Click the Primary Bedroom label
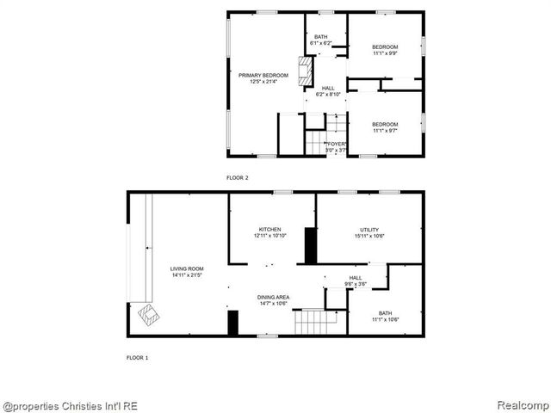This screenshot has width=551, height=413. coord(263,76)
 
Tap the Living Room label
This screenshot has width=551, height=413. coord(186,269)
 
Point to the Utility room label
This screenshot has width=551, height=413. coord(369,229)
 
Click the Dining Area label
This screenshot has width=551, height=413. coord(274,297)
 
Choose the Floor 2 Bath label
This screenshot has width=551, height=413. coord(320,37)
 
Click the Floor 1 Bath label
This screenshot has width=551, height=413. coord(385,313)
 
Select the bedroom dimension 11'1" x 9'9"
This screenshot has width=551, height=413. coord(385,53)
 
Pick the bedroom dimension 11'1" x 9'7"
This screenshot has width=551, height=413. coord(385,131)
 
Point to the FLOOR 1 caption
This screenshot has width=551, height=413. coord(138,357)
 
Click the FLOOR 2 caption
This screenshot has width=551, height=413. coord(237,177)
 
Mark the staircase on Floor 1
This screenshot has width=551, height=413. coord(314,323)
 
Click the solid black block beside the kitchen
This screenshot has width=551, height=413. coord(311,246)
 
